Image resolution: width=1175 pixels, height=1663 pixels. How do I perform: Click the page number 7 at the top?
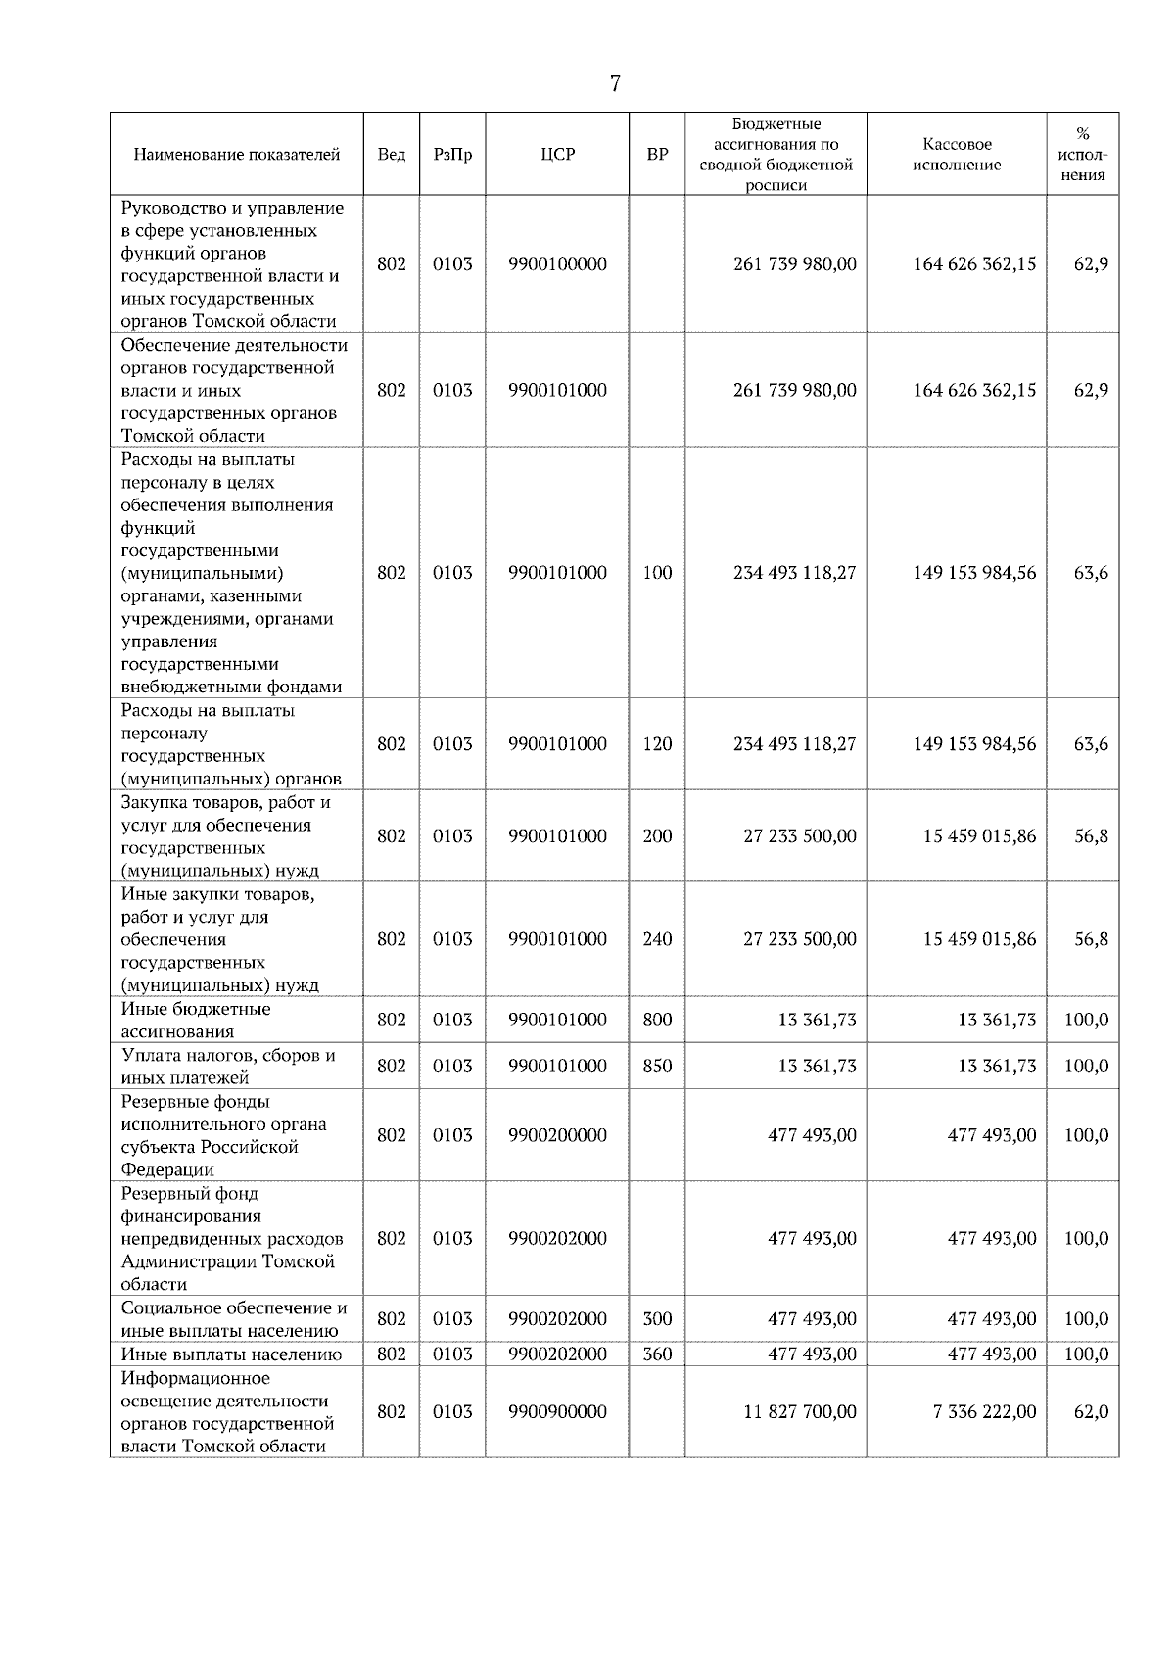coord(615,84)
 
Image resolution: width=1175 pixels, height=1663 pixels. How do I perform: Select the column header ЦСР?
coord(557,155)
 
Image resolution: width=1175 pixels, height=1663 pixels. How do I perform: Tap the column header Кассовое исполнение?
coord(956,155)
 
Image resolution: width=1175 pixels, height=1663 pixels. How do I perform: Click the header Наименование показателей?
coord(236,155)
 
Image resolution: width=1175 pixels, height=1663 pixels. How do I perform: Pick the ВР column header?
coord(657,155)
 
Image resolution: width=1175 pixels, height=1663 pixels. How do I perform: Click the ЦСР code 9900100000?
coord(557,264)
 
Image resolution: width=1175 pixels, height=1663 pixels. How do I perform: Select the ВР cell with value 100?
coord(657,573)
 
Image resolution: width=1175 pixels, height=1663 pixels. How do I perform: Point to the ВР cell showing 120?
coord(657,744)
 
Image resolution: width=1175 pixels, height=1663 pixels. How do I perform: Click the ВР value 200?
coord(657,836)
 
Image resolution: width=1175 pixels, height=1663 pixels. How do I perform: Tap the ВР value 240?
coord(657,939)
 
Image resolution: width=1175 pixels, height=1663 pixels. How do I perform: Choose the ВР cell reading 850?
coord(657,1066)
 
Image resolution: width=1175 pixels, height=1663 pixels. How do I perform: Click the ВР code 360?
coord(657,1354)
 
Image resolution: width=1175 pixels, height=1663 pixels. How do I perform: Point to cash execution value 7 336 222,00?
coord(978,1412)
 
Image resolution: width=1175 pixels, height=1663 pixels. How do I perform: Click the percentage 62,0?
coord(1091,1412)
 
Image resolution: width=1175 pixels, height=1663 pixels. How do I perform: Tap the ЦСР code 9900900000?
coord(557,1412)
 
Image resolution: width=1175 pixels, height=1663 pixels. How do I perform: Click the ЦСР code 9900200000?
coord(557,1135)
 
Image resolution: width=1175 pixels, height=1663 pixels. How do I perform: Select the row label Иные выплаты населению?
coord(231,1354)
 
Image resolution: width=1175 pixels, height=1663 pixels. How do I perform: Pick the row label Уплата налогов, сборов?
coord(228,1056)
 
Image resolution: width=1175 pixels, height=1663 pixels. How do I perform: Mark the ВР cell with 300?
coord(657,1319)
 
